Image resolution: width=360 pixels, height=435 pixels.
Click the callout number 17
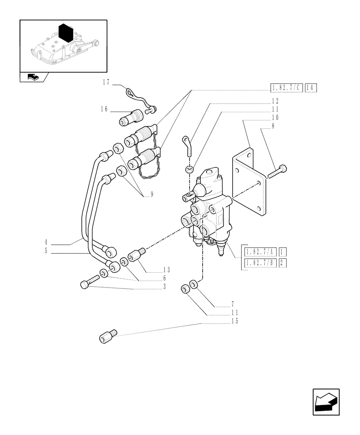click(x=105, y=81)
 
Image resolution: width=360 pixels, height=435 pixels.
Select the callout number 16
click(x=103, y=110)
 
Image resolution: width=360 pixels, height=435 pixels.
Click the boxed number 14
click(x=310, y=88)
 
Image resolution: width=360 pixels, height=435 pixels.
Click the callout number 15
click(x=235, y=321)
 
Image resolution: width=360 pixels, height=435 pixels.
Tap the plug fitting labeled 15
click(x=107, y=337)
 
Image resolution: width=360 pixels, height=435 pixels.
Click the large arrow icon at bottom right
click(x=325, y=402)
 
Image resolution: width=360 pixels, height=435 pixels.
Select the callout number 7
click(x=233, y=303)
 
